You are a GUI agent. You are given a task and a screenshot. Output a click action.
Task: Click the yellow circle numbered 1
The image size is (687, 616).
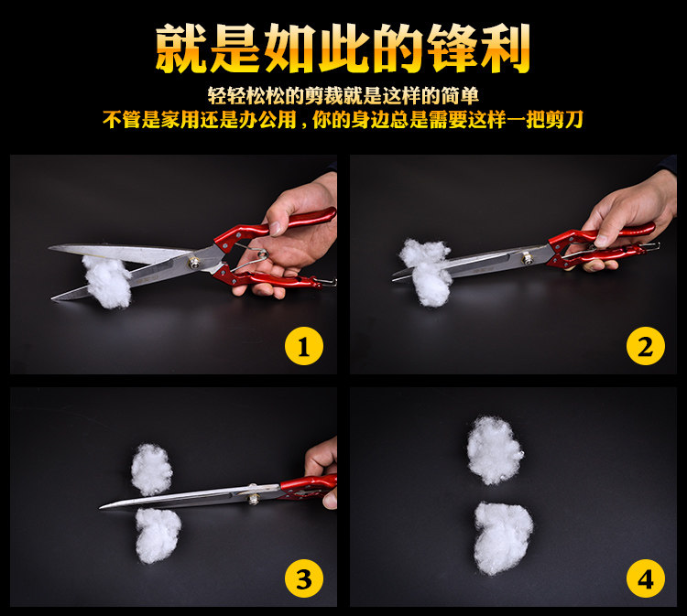click(304, 347)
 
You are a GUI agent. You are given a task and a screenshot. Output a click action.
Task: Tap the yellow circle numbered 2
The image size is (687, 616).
click(646, 346)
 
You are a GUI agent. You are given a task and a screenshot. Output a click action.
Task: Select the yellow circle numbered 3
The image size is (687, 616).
click(304, 578)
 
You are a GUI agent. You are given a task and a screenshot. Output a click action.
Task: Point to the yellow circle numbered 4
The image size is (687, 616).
click(646, 578)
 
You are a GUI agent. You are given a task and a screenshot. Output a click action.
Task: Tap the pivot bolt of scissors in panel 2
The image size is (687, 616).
click(526, 259)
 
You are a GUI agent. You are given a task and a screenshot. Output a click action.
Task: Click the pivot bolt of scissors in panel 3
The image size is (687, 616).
click(253, 498)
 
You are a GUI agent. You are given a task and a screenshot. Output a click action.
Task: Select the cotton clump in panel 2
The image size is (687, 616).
click(426, 271)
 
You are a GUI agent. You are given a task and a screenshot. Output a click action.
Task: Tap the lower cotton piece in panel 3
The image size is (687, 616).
click(158, 535)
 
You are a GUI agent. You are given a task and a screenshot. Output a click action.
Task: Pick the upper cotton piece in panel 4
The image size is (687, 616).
click(495, 450)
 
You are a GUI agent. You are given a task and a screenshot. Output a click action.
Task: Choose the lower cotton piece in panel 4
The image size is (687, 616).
click(503, 537)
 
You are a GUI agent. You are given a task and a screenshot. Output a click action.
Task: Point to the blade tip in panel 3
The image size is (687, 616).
click(101, 507)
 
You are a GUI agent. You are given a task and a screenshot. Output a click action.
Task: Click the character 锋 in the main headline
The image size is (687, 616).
click(452, 48)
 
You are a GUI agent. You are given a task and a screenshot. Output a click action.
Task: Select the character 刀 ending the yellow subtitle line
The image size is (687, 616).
click(573, 119)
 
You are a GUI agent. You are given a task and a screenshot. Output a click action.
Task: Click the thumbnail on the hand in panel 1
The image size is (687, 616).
click(276, 229)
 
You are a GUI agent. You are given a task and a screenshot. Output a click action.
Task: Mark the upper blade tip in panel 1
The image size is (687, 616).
click(49, 248)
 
